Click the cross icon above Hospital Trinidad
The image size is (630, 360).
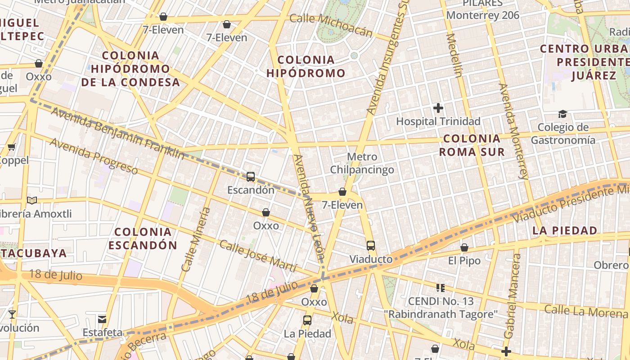click(438, 108)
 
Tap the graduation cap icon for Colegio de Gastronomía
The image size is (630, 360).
click(562, 114)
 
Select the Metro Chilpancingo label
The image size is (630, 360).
click(362, 163)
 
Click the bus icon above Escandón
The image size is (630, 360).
click(251, 177)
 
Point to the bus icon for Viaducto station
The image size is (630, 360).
click(370, 246)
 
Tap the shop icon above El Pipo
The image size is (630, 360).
click(464, 247)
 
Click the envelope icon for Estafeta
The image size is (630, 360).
click(102, 319)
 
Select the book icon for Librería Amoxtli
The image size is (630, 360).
click(31, 200)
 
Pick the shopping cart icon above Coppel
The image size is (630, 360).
click(12, 147)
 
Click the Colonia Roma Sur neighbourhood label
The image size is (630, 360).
click(472, 145)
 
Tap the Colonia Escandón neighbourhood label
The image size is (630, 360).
click(143, 238)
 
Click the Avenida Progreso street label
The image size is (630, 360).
click(94, 156)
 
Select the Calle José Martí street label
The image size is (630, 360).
click(257, 256)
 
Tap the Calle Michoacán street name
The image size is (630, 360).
click(331, 25)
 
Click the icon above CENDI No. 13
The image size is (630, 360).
click(440, 288)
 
